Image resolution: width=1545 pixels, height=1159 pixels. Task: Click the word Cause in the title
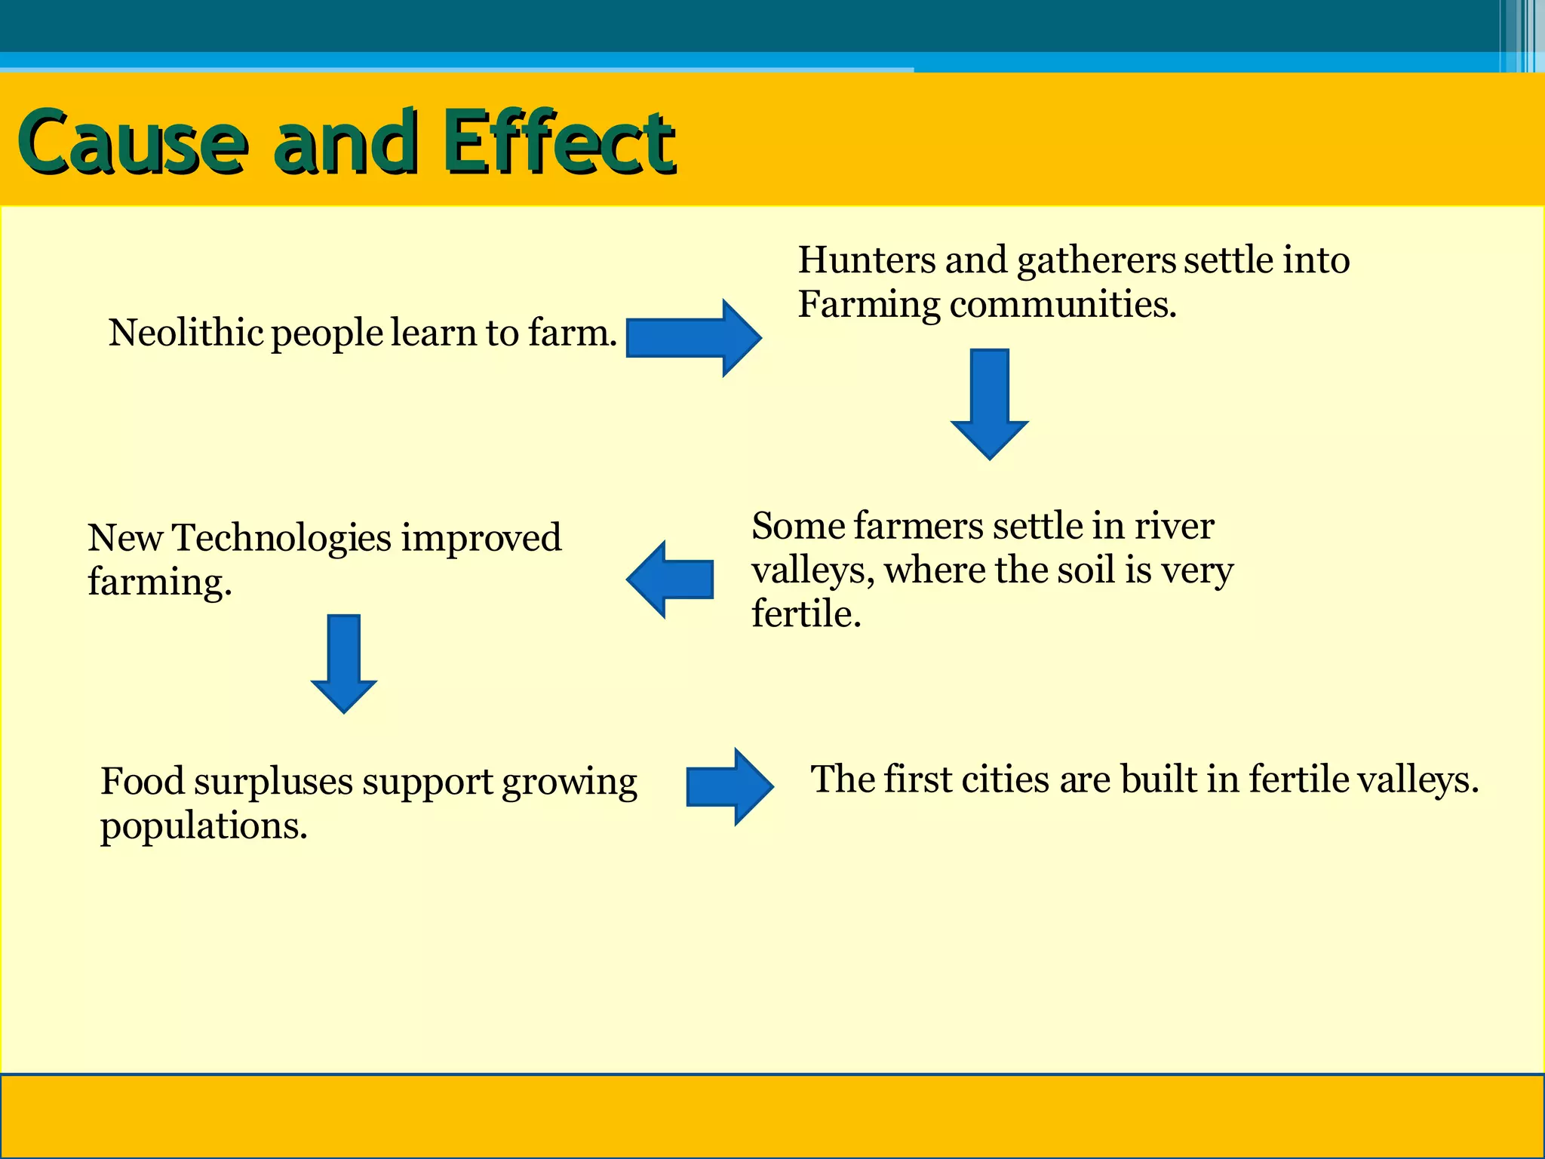pyautogui.click(x=133, y=142)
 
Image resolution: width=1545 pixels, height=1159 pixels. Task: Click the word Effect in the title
pyautogui.click(x=558, y=142)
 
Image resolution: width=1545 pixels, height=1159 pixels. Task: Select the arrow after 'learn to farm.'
pyautogui.click(x=693, y=338)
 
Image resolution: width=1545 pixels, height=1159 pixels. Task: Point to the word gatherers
pyautogui.click(x=1096, y=262)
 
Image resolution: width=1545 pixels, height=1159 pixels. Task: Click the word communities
pyautogui.click(x=1062, y=306)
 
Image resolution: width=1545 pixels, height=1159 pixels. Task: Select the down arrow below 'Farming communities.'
pyautogui.click(x=989, y=404)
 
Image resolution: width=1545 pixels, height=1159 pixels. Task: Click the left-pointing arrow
pyautogui.click(x=670, y=579)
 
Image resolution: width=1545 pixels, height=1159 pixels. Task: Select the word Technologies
pyautogui.click(x=282, y=540)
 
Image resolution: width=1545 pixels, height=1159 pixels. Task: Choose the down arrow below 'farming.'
pyautogui.click(x=344, y=663)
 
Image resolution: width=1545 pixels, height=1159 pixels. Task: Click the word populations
pyautogui.click(x=204, y=827)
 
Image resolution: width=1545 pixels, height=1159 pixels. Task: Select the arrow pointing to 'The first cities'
pyautogui.click(x=729, y=787)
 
